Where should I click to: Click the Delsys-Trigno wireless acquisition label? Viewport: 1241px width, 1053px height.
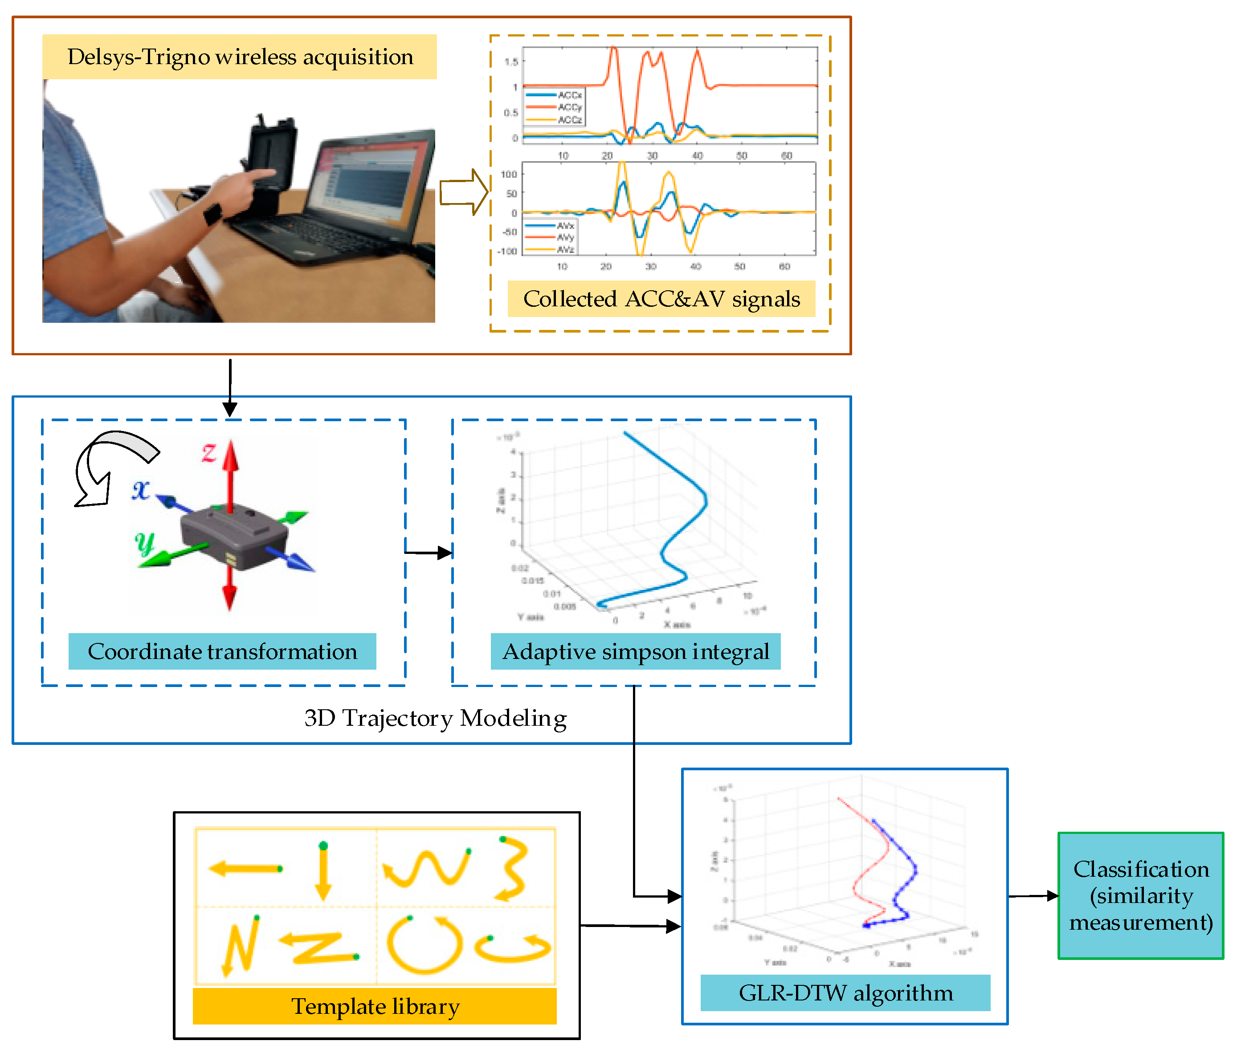pos(240,57)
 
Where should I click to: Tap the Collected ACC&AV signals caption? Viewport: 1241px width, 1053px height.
pos(661,298)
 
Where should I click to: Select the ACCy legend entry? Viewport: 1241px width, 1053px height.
pos(569,107)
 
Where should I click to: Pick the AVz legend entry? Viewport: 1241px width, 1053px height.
pos(565,249)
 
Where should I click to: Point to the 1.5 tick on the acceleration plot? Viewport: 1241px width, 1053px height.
pos(511,61)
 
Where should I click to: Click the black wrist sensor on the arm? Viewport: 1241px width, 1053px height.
pos(212,214)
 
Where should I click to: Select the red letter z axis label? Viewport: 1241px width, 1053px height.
pos(208,452)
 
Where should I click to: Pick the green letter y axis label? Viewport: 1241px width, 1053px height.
pos(144,543)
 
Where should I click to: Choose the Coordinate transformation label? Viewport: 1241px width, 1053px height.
pos(222,651)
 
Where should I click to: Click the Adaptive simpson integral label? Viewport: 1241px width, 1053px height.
pos(636,651)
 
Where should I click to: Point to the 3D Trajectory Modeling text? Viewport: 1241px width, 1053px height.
pos(435,718)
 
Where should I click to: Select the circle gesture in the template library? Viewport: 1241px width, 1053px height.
pos(425,945)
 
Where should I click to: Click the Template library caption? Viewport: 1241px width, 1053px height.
pos(375,1006)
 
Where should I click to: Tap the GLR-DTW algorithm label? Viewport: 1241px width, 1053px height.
pos(845,993)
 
